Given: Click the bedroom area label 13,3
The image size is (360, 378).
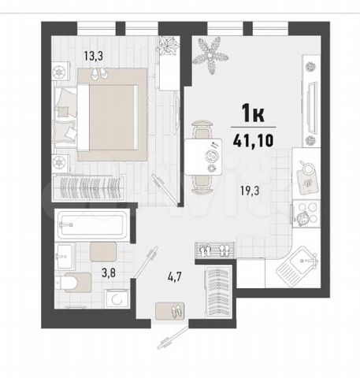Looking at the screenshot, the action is (94, 56).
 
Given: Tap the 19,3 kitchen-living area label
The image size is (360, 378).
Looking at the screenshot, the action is (250, 191).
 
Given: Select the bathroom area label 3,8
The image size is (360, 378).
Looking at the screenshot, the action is (109, 273).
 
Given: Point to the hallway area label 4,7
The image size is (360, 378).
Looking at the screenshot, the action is (175, 277).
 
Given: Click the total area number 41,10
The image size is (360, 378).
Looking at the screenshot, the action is (253, 140).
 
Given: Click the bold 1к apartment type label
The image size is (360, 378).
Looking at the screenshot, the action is (253, 113).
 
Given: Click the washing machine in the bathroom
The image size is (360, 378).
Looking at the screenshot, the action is (117, 298).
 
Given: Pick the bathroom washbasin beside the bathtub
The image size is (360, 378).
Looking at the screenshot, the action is (65, 256).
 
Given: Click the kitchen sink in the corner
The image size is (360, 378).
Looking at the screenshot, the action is (297, 266).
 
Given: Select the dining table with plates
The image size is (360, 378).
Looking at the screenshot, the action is (203, 157).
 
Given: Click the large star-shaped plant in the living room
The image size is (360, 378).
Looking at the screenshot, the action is (210, 55).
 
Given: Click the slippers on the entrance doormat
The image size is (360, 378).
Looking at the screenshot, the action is (177, 311).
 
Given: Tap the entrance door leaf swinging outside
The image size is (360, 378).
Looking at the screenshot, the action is (173, 338).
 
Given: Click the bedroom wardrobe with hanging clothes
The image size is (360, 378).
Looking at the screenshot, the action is (89, 187).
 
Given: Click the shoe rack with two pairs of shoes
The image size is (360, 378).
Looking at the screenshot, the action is (215, 250).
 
